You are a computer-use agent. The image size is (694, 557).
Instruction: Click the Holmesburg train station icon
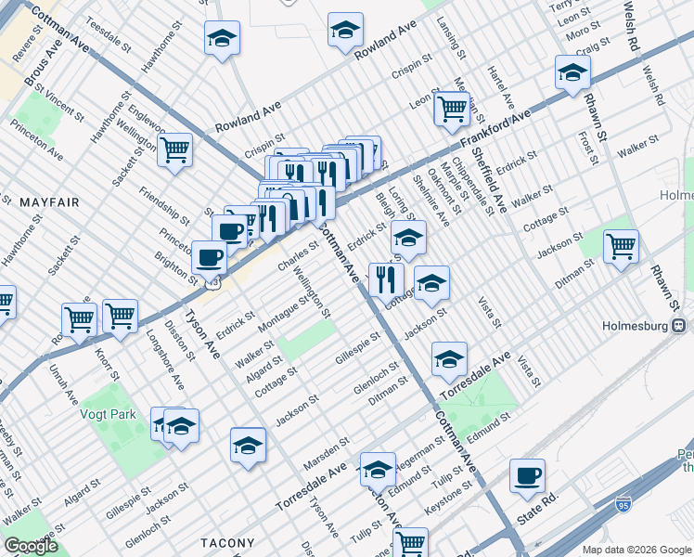pos(680,326)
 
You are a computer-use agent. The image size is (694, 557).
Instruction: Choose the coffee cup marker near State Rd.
pos(527,475)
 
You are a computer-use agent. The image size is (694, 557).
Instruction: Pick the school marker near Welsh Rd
pos(572,71)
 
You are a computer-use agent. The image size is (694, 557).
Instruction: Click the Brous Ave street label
pos(42,69)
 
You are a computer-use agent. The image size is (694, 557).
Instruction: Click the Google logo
pos(32,546)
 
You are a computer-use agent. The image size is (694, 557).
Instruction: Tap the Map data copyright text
pos(636,550)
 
